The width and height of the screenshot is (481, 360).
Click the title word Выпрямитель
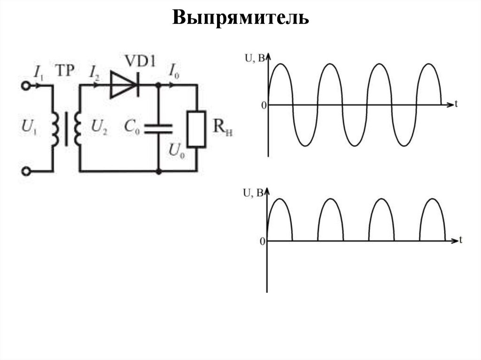point(240,18)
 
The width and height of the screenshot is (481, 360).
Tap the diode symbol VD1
point(125,85)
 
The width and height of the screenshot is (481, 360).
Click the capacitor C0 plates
point(158,128)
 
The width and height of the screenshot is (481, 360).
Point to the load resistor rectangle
point(196,129)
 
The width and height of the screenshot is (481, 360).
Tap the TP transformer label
point(65,70)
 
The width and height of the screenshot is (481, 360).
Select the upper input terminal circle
point(26,85)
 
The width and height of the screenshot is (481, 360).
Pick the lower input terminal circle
point(26,171)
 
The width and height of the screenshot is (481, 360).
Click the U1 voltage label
point(29,127)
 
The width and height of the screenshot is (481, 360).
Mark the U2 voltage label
point(99,127)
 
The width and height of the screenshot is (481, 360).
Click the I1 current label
point(38,71)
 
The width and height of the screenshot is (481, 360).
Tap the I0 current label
point(173,71)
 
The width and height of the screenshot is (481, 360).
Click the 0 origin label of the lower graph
point(262,241)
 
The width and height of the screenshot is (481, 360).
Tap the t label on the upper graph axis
point(456,104)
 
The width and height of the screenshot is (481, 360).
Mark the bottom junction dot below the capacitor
point(158,171)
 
